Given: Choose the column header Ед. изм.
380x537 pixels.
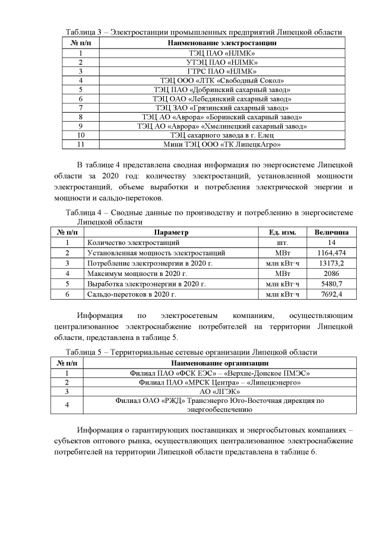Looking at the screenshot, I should click(x=283, y=232).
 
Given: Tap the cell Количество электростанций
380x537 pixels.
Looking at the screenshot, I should click(x=132, y=243).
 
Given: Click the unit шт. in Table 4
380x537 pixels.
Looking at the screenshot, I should click(x=283, y=243).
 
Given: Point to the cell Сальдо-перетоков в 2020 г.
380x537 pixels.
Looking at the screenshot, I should click(x=132, y=294).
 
